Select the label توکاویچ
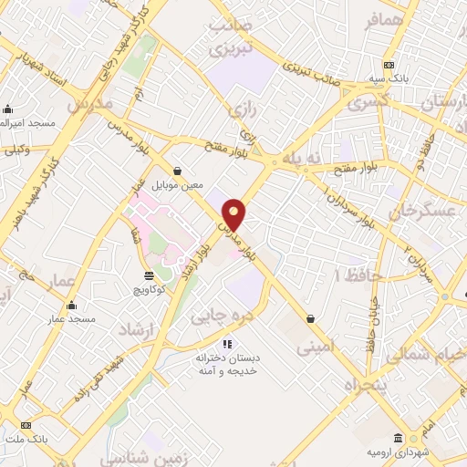pos(149,289)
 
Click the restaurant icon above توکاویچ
pos(150,275)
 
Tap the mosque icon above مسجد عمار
pos(72,306)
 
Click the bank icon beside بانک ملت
pos(26,426)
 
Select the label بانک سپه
pos(389,79)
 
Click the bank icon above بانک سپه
pos(389,65)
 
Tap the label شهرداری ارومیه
pos(398,451)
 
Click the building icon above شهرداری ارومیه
pos(398,438)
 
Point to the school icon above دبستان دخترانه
pos(227,344)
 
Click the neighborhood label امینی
pos(314,348)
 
